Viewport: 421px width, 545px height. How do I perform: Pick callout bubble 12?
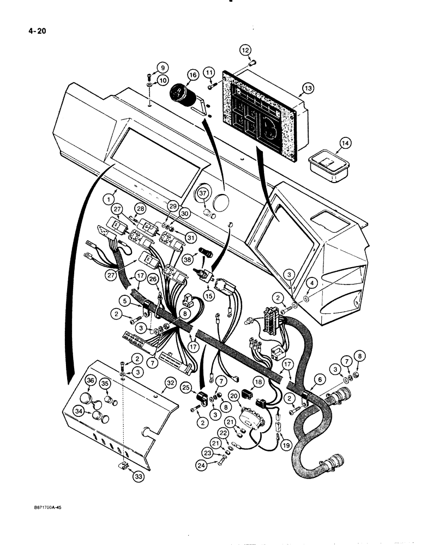click(245, 52)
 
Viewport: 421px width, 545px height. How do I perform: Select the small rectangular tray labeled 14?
click(327, 163)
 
